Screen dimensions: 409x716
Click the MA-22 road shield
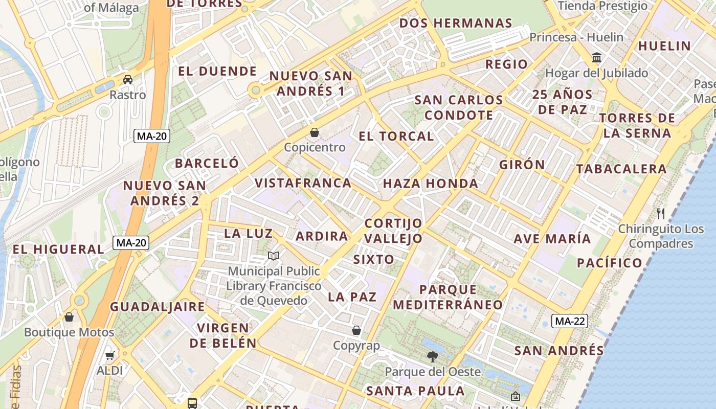570,321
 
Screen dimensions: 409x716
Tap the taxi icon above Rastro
127,80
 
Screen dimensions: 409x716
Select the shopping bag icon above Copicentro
315,132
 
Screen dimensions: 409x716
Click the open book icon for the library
274,256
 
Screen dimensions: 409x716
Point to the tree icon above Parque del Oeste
433,356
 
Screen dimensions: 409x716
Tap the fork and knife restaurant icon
661,213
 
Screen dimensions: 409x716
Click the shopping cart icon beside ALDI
110,355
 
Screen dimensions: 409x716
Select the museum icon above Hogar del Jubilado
596,57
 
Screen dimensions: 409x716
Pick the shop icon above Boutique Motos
69,317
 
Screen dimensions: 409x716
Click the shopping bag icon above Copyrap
356,330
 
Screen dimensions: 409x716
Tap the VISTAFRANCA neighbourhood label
303,183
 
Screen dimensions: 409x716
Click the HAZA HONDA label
430,184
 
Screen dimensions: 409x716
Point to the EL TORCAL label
396,136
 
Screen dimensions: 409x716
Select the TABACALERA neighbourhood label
621,169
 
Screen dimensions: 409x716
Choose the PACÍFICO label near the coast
609,263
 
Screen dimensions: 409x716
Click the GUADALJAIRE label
158,307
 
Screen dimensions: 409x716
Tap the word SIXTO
374,259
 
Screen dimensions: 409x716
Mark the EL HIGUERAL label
58,249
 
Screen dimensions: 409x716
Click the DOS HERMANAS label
456,23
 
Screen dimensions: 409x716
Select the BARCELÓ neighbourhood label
207,163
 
